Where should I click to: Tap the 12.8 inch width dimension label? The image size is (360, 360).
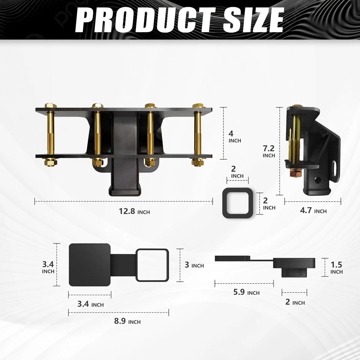(x=134, y=211)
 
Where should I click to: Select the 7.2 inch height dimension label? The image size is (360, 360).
(x=269, y=151)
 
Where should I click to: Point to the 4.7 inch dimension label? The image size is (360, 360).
(x=313, y=211)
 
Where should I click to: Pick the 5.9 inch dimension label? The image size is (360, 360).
(x=246, y=292)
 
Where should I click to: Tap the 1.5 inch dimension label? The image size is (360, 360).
(x=336, y=268)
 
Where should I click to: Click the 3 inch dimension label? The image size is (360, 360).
(x=194, y=265)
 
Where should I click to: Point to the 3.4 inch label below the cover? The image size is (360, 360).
(x=90, y=304)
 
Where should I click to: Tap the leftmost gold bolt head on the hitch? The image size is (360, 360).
(x=49, y=106)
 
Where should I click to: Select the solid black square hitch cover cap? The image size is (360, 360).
(x=90, y=264)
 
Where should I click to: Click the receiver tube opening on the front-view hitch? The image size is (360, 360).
(x=125, y=186)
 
